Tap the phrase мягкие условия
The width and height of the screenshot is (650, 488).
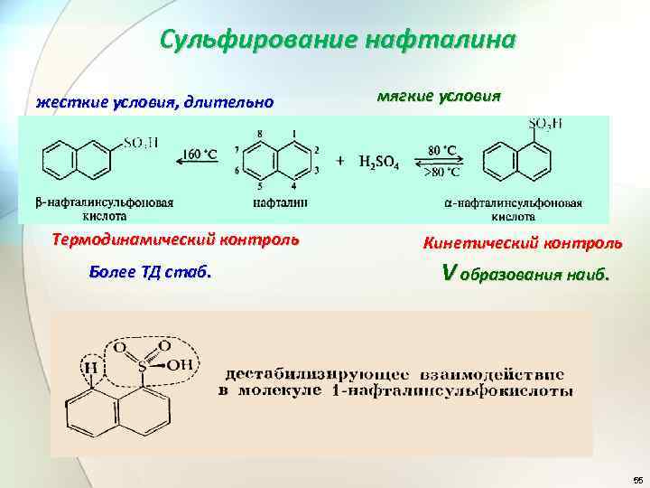click(x=437, y=97)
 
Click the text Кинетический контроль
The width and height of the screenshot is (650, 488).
click(x=522, y=243)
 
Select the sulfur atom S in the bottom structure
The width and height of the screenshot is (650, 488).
click(x=143, y=366)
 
